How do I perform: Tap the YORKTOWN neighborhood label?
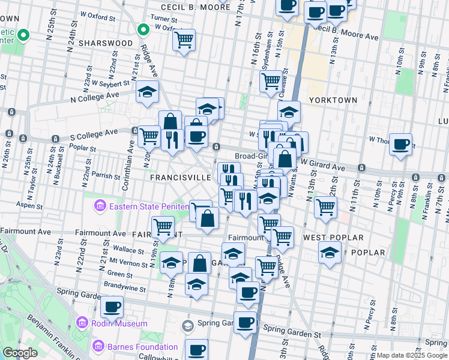click(x=333, y=100)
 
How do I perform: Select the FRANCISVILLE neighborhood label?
click(x=181, y=178)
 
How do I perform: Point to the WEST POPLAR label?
click(x=327, y=238)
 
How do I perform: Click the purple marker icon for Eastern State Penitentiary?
click(x=99, y=207)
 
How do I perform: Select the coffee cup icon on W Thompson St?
click(x=400, y=144)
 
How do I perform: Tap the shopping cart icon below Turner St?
click(x=184, y=40)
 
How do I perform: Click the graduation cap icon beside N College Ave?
click(x=146, y=92)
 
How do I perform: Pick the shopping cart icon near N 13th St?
click(x=325, y=208)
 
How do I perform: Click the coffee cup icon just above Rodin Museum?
click(x=112, y=307)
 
